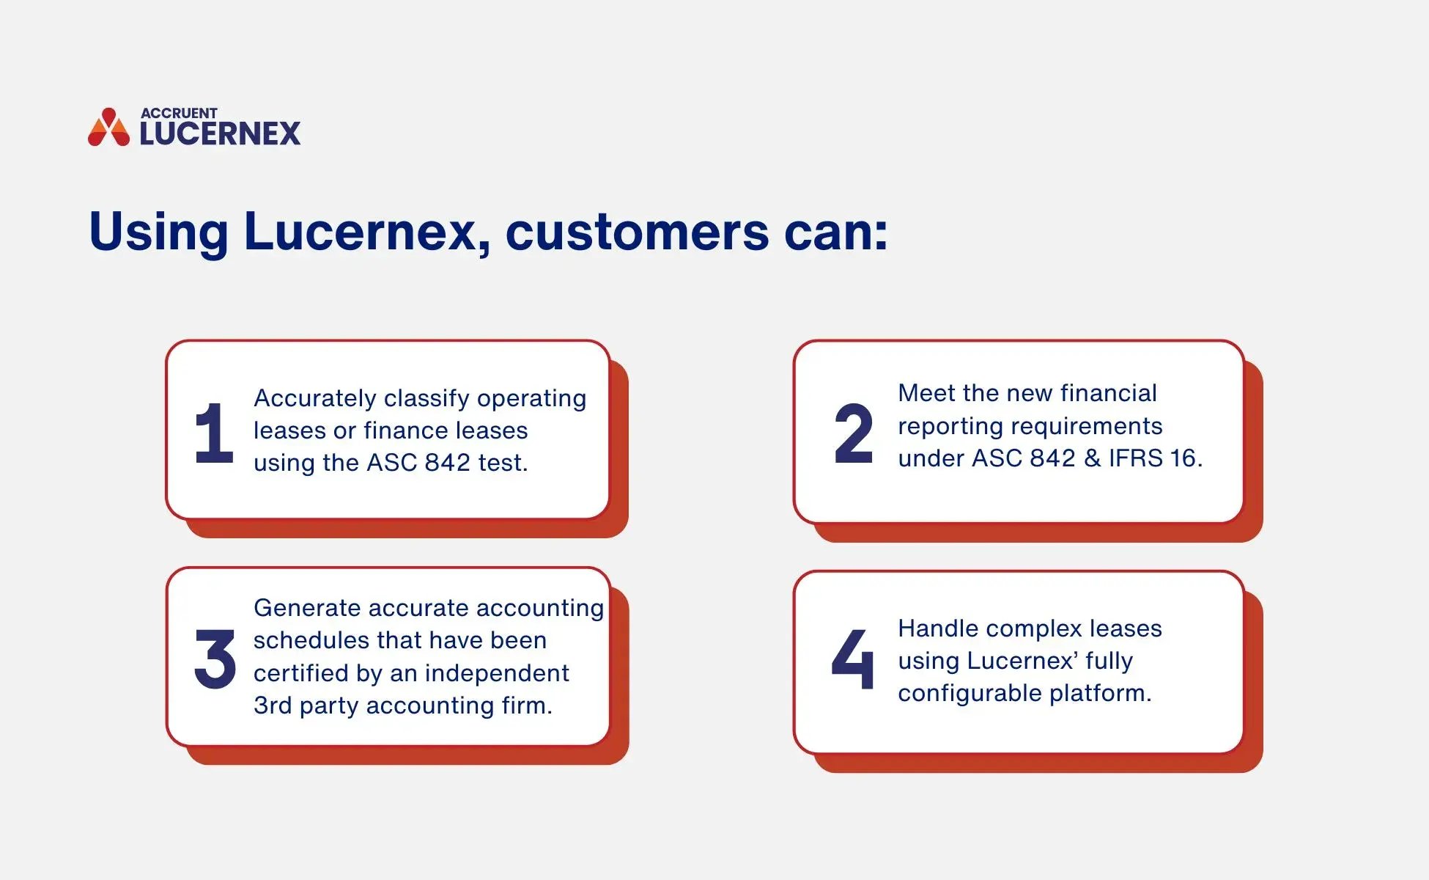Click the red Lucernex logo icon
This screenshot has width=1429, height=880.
(108, 128)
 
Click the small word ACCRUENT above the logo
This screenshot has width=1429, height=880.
(179, 113)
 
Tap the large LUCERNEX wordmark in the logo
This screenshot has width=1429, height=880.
(220, 134)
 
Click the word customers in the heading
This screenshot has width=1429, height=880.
(637, 232)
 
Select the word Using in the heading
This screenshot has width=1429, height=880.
(158, 233)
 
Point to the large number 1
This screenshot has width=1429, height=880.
(213, 433)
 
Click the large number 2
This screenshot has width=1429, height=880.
(854, 433)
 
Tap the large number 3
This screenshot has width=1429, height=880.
(215, 659)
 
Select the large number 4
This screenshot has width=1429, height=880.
(854, 659)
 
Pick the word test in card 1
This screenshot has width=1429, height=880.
(502, 463)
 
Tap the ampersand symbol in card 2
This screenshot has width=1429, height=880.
(1092, 458)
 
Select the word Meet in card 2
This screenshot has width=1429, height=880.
(927, 393)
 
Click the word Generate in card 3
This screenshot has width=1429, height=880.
(306, 608)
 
